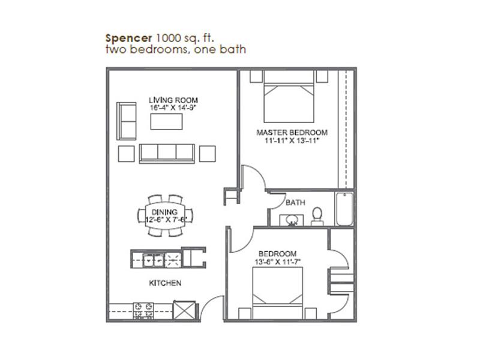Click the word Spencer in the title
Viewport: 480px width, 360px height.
[x=128, y=38]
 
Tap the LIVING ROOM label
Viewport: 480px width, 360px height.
[x=173, y=100]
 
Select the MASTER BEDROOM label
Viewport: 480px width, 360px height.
[x=292, y=133]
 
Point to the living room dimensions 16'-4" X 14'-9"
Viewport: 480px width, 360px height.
[x=173, y=108]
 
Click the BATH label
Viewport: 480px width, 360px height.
[x=295, y=203]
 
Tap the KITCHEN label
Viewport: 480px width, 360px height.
[x=165, y=283]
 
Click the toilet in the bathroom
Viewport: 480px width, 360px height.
[x=317, y=216]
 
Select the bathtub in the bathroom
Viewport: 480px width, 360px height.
[x=344, y=209]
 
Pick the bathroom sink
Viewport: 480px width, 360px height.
[x=292, y=220]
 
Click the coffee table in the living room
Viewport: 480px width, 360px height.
[x=167, y=122]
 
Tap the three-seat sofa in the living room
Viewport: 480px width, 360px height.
[x=167, y=154]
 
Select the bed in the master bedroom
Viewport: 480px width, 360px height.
[x=289, y=97]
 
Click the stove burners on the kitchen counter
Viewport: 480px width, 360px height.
[x=143, y=310]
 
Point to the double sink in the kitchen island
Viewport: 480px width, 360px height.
[x=153, y=260]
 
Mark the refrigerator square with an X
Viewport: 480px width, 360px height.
[x=184, y=310]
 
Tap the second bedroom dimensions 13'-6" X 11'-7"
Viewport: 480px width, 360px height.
[x=278, y=262]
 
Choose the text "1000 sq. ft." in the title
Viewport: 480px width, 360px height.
[x=185, y=38]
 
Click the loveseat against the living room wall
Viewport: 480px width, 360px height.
[x=127, y=121]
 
